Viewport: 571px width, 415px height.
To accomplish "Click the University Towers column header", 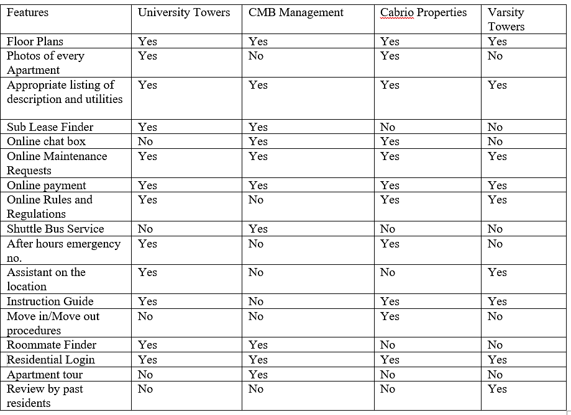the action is (184, 13).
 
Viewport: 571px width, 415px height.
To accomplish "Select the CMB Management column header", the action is (296, 13).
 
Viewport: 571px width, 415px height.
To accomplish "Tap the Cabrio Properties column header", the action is (424, 13).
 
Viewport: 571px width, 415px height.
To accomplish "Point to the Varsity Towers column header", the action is (506, 20).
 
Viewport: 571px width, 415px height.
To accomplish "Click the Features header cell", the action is (28, 13).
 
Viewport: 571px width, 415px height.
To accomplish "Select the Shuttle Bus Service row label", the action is (55, 229).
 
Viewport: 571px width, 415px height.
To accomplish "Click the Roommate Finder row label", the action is (52, 345).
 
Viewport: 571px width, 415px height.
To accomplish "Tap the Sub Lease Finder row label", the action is (50, 127).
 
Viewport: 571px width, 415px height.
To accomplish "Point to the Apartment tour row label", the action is (45, 375).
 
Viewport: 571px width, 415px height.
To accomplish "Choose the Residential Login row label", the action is (51, 360).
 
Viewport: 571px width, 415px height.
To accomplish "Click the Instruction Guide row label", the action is (50, 301).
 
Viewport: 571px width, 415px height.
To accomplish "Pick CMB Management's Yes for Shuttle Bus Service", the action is (258, 229).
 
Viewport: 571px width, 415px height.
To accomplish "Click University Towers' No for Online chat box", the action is (145, 141).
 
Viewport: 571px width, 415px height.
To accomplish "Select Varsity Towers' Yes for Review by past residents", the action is (497, 389).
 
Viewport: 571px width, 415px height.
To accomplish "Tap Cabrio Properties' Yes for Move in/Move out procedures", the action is (390, 316).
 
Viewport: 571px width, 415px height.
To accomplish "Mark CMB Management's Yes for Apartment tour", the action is (258, 375).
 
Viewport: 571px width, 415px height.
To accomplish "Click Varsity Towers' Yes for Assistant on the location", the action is (497, 272).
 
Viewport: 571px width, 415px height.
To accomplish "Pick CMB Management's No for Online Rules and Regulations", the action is (256, 200).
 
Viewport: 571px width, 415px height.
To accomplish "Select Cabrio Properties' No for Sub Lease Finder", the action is (388, 127).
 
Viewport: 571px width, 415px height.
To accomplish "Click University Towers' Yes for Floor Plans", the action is (147, 42).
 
